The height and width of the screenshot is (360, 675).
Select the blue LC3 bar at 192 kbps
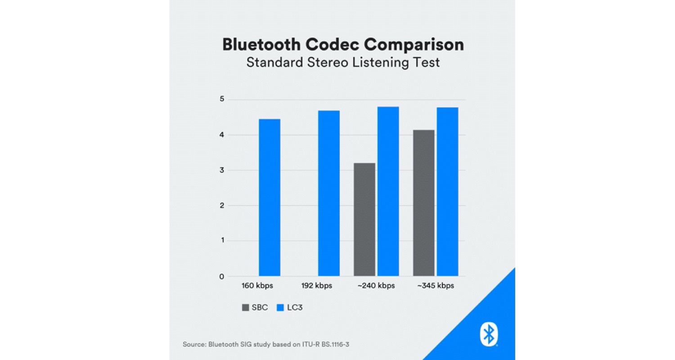click(x=328, y=193)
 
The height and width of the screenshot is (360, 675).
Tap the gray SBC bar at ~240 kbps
click(x=364, y=219)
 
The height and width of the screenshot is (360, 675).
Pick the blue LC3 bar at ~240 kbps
click(x=388, y=191)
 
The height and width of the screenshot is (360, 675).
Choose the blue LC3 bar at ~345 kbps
click(x=447, y=192)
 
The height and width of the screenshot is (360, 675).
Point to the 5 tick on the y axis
click(x=221, y=99)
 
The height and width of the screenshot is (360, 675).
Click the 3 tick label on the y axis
click(x=221, y=170)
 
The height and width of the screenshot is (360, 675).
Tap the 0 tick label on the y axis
click(x=221, y=276)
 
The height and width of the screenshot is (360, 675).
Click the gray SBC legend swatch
click(x=246, y=308)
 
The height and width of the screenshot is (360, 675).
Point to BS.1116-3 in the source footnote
click(x=333, y=345)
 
